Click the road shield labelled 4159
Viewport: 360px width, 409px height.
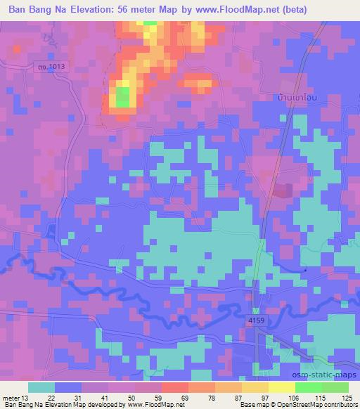pyautogui.click(x=256, y=320)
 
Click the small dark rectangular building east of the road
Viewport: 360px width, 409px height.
pyautogui.click(x=284, y=190)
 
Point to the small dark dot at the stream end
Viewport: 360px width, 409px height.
pyautogui.click(x=305, y=269)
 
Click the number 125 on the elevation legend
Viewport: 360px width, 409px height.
pyautogui.click(x=345, y=398)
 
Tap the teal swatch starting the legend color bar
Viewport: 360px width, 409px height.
pyautogui.click(x=41, y=387)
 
